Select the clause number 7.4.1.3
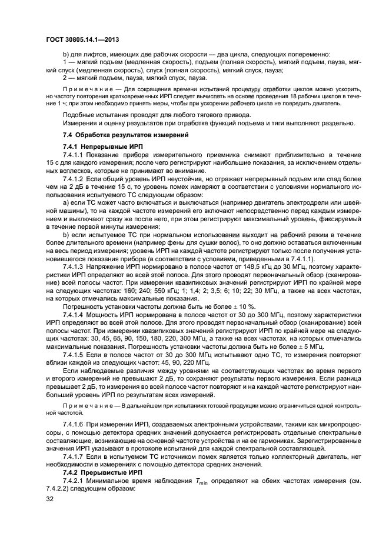75,266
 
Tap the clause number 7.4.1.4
75,313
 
